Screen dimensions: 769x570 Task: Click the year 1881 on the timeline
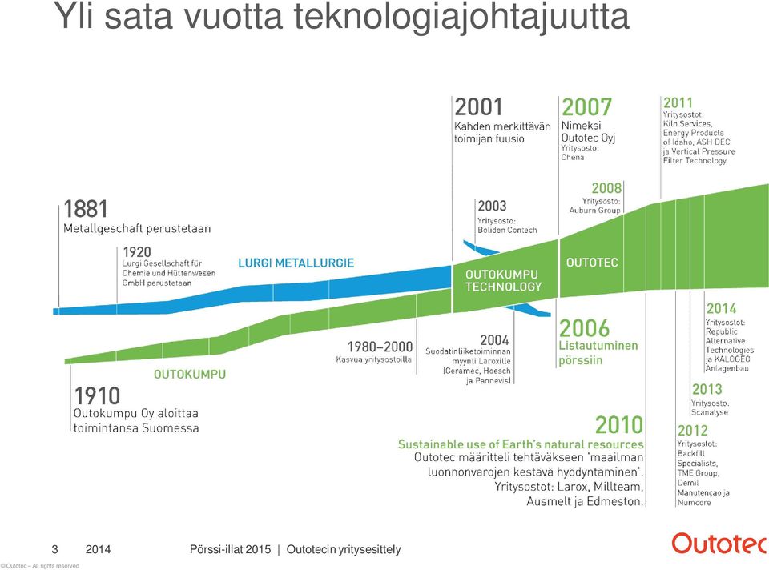(86, 209)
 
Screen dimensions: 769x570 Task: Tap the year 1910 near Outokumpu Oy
(97, 395)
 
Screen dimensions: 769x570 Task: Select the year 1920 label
(137, 252)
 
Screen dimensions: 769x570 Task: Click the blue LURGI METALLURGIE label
(296, 263)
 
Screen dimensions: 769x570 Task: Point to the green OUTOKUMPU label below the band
(190, 375)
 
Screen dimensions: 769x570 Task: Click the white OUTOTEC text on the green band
(592, 263)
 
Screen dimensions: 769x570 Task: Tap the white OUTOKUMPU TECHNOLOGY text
(503, 280)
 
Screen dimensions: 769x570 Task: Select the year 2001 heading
(479, 107)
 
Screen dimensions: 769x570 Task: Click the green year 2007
(586, 107)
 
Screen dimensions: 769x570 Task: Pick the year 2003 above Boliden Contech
(492, 206)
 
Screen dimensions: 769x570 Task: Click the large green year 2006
(584, 328)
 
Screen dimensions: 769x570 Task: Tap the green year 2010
(619, 425)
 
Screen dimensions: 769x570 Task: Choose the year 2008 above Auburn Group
(606, 188)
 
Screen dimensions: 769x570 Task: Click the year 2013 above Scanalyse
(707, 389)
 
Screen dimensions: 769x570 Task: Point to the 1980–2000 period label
(380, 347)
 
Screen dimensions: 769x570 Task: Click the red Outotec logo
(720, 544)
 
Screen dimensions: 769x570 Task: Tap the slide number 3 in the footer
(55, 549)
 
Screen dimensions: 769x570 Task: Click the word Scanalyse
(709, 412)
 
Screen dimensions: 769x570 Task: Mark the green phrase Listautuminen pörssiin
(598, 353)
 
